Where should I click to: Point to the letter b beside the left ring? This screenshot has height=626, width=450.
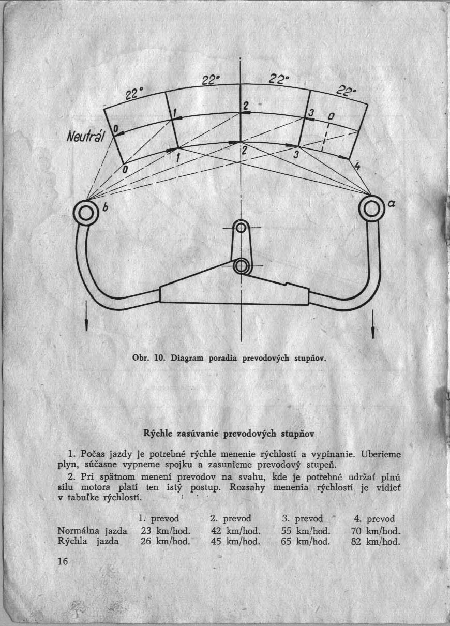tap(105, 209)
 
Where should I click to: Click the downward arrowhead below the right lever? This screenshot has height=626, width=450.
tap(373, 332)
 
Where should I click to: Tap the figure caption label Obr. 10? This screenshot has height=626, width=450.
tap(152, 358)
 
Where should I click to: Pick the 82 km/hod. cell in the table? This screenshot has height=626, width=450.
tap(376, 542)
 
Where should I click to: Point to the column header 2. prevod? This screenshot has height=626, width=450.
tap(230, 518)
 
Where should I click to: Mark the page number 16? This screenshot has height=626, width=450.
tap(63, 562)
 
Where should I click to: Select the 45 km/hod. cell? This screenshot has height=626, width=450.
tap(235, 542)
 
